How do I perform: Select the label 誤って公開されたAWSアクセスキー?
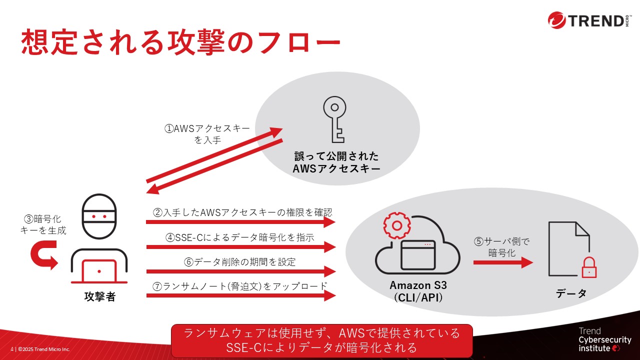[336, 162]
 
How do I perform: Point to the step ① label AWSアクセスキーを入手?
[207, 134]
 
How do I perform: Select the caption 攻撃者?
[99, 296]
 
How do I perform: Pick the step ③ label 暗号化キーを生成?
[43, 224]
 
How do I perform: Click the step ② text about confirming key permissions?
[242, 212]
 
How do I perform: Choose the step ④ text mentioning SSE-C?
[240, 237]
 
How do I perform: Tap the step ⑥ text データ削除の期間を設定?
[240, 261]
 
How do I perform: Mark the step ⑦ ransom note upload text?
[240, 286]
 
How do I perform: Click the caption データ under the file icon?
[571, 294]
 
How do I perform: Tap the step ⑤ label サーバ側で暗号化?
[502, 247]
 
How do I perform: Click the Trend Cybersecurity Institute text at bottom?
[604, 339]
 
